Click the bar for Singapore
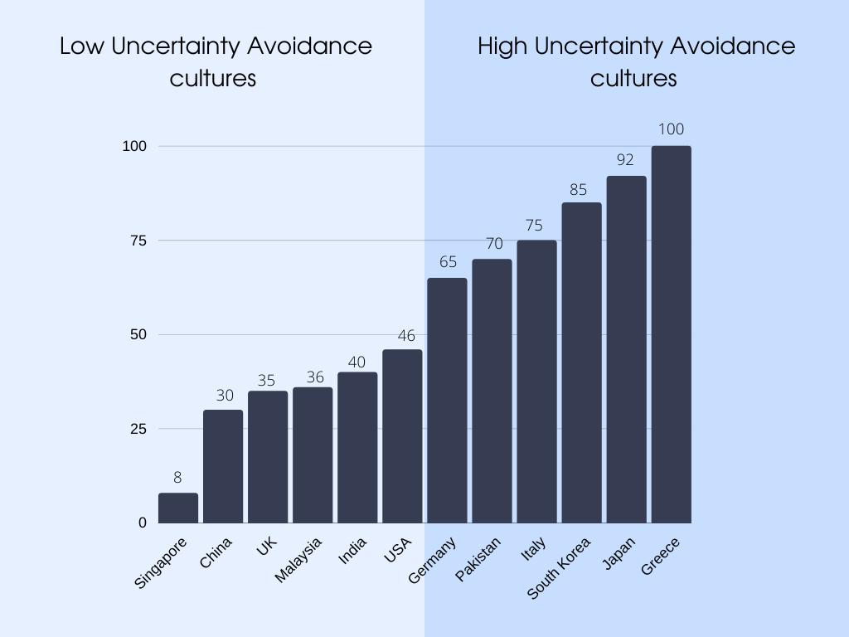(178, 508)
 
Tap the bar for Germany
(447, 401)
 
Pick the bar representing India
(357, 447)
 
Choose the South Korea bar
(581, 362)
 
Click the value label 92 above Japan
(626, 160)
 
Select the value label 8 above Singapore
(177, 478)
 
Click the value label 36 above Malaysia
(313, 377)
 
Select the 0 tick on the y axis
(142, 523)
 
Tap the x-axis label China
(216, 553)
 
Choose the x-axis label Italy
(533, 550)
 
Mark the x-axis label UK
(268, 547)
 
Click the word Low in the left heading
(81, 46)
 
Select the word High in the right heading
(503, 46)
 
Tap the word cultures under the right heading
(633, 79)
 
